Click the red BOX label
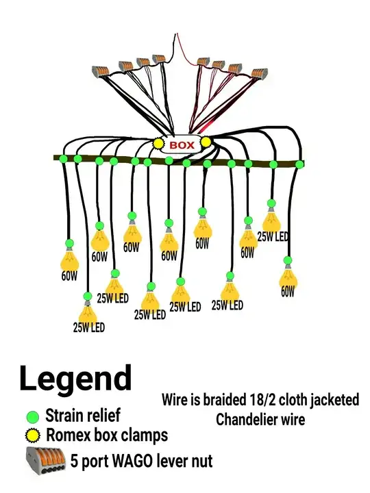(182, 145)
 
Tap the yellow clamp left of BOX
(158, 143)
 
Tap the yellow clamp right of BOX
(206, 142)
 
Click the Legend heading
(75, 381)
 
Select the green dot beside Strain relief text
(32, 417)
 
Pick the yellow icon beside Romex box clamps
(32, 435)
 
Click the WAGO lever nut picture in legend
(46, 461)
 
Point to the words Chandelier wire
(260, 420)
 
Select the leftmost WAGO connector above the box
(101, 71)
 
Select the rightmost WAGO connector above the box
(260, 73)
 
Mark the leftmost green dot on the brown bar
(63, 158)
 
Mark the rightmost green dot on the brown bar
(299, 164)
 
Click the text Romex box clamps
(107, 435)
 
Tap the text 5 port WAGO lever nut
(141, 461)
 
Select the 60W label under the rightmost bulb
(288, 292)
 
